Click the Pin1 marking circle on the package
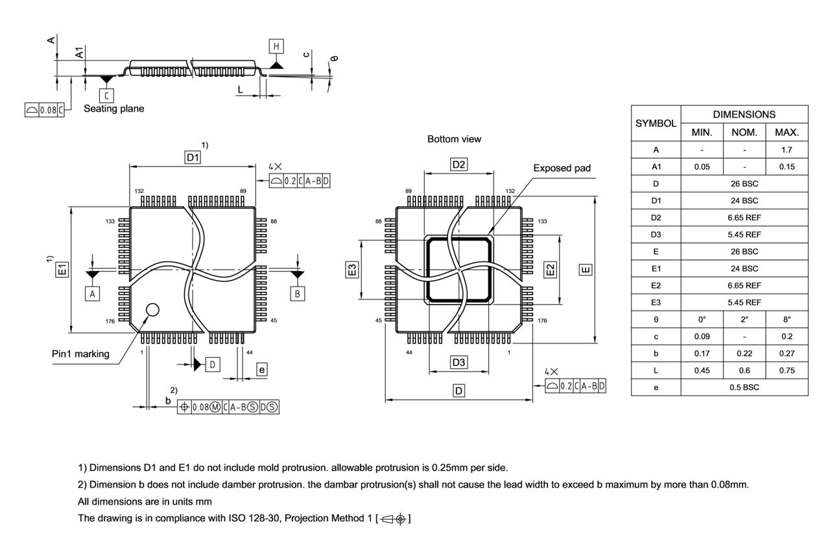tap(152, 310)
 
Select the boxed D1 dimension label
tap(193, 157)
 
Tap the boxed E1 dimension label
tap(62, 269)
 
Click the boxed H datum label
tap(277, 46)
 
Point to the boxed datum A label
tap(93, 294)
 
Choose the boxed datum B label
tap(297, 294)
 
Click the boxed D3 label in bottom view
tap(458, 362)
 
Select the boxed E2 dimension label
tap(550, 269)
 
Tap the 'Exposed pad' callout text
tap(562, 168)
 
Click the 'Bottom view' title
tap(454, 139)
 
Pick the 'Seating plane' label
tap(113, 109)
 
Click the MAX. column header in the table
tap(787, 132)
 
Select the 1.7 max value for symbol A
tap(787, 150)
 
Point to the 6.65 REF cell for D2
tap(744, 218)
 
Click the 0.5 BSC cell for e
tap(744, 388)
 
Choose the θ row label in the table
tap(656, 320)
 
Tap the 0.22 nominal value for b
tap(744, 353)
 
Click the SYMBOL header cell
tap(656, 123)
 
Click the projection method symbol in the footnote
tap(393, 518)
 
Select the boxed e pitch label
tap(261, 369)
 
